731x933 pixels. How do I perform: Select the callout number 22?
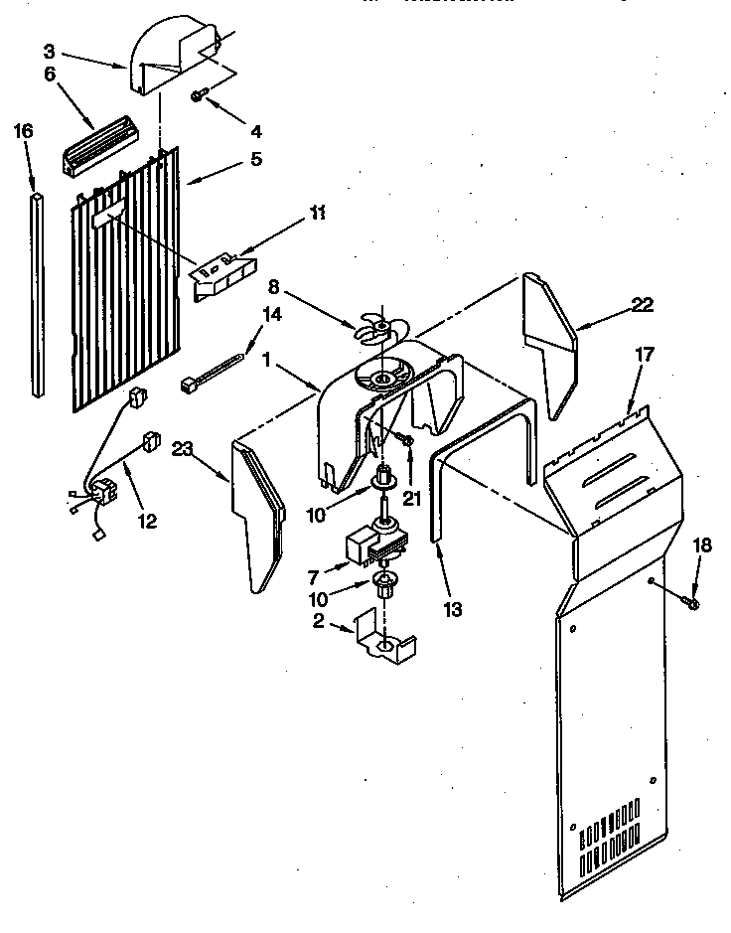point(643,305)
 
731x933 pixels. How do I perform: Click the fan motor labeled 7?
point(372,545)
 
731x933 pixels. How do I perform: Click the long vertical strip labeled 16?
point(38,298)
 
